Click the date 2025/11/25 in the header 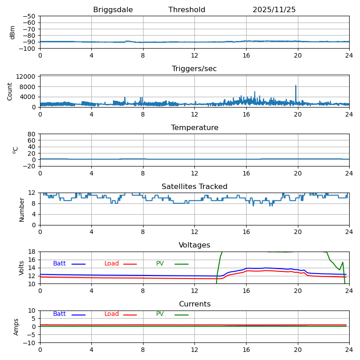point(274,10)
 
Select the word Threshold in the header point(187,10)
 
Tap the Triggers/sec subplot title point(194,69)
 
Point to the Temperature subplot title point(194,128)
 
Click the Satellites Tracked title point(194,187)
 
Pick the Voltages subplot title point(194,245)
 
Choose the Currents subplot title point(194,304)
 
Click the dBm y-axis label point(13,32)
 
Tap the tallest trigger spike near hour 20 point(296,86)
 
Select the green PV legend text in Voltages point(160,264)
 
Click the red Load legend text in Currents point(112,314)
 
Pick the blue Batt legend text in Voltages point(59,264)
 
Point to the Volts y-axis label point(22,268)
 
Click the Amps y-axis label point(16,327)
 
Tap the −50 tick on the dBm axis point(29,16)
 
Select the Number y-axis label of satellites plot point(22,209)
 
